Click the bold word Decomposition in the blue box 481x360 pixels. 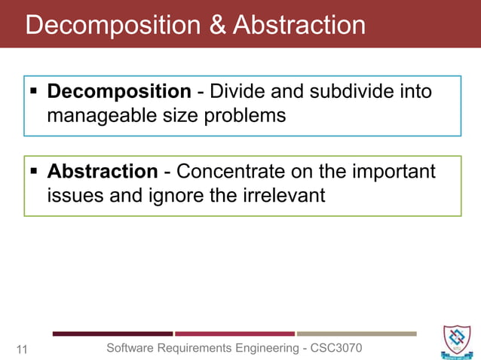(x=119, y=92)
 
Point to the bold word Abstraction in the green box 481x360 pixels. (x=103, y=172)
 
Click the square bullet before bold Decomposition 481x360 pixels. (x=34, y=93)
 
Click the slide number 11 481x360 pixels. (x=22, y=349)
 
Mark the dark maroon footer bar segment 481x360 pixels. (x=112, y=334)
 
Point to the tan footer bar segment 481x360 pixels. (x=356, y=334)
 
